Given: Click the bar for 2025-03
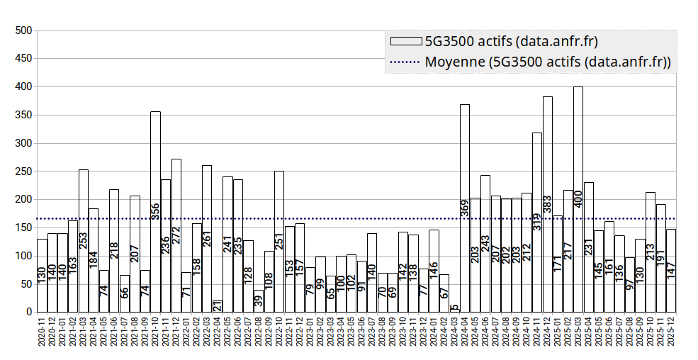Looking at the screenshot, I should tap(578, 199).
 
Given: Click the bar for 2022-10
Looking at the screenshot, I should tap(279, 241).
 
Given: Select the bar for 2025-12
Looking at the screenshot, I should tap(671, 270).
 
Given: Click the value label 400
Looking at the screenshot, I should tap(578, 198).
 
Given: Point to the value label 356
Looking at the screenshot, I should tap(155, 211).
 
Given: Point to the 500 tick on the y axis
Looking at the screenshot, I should tap(24, 30).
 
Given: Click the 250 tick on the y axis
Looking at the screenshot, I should tap(24, 171).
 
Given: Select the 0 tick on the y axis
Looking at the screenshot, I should tap(28, 312).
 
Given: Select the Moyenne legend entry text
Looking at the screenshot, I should tap(548, 62).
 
